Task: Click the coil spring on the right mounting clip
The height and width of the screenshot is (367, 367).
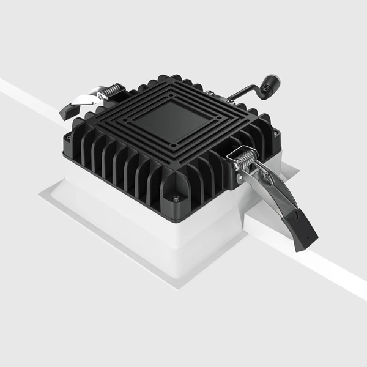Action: pyautogui.click(x=244, y=160)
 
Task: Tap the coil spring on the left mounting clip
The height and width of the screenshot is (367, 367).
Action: pyautogui.click(x=111, y=92)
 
